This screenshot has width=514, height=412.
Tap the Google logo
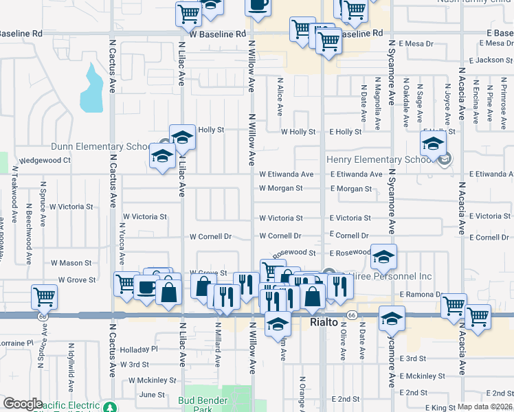pos(23,404)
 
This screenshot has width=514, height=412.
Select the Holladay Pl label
pos(139,349)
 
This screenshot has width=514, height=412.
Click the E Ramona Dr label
pos(421,294)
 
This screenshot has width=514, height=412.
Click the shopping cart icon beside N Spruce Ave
pos(45,297)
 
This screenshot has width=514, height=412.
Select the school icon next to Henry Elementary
pos(433,145)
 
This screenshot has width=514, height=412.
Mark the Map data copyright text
pos(484,407)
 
